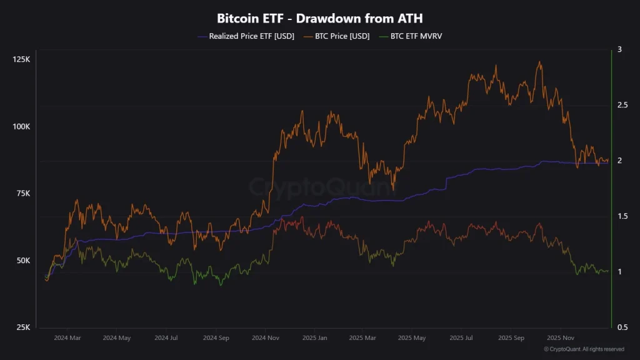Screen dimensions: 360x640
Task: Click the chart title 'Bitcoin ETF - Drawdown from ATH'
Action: [x=319, y=18]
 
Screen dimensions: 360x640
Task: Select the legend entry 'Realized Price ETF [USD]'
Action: [x=246, y=36]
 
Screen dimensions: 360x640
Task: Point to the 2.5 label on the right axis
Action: [x=621, y=105]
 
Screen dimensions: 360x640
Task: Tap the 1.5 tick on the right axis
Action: [x=621, y=216]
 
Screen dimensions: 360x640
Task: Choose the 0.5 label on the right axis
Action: [x=621, y=327]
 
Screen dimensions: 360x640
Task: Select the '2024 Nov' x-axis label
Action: [x=266, y=337]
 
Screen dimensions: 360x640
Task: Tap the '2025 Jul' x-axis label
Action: [x=461, y=337]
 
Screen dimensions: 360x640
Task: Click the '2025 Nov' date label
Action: [x=560, y=337]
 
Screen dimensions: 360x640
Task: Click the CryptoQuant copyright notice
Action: [x=584, y=349]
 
